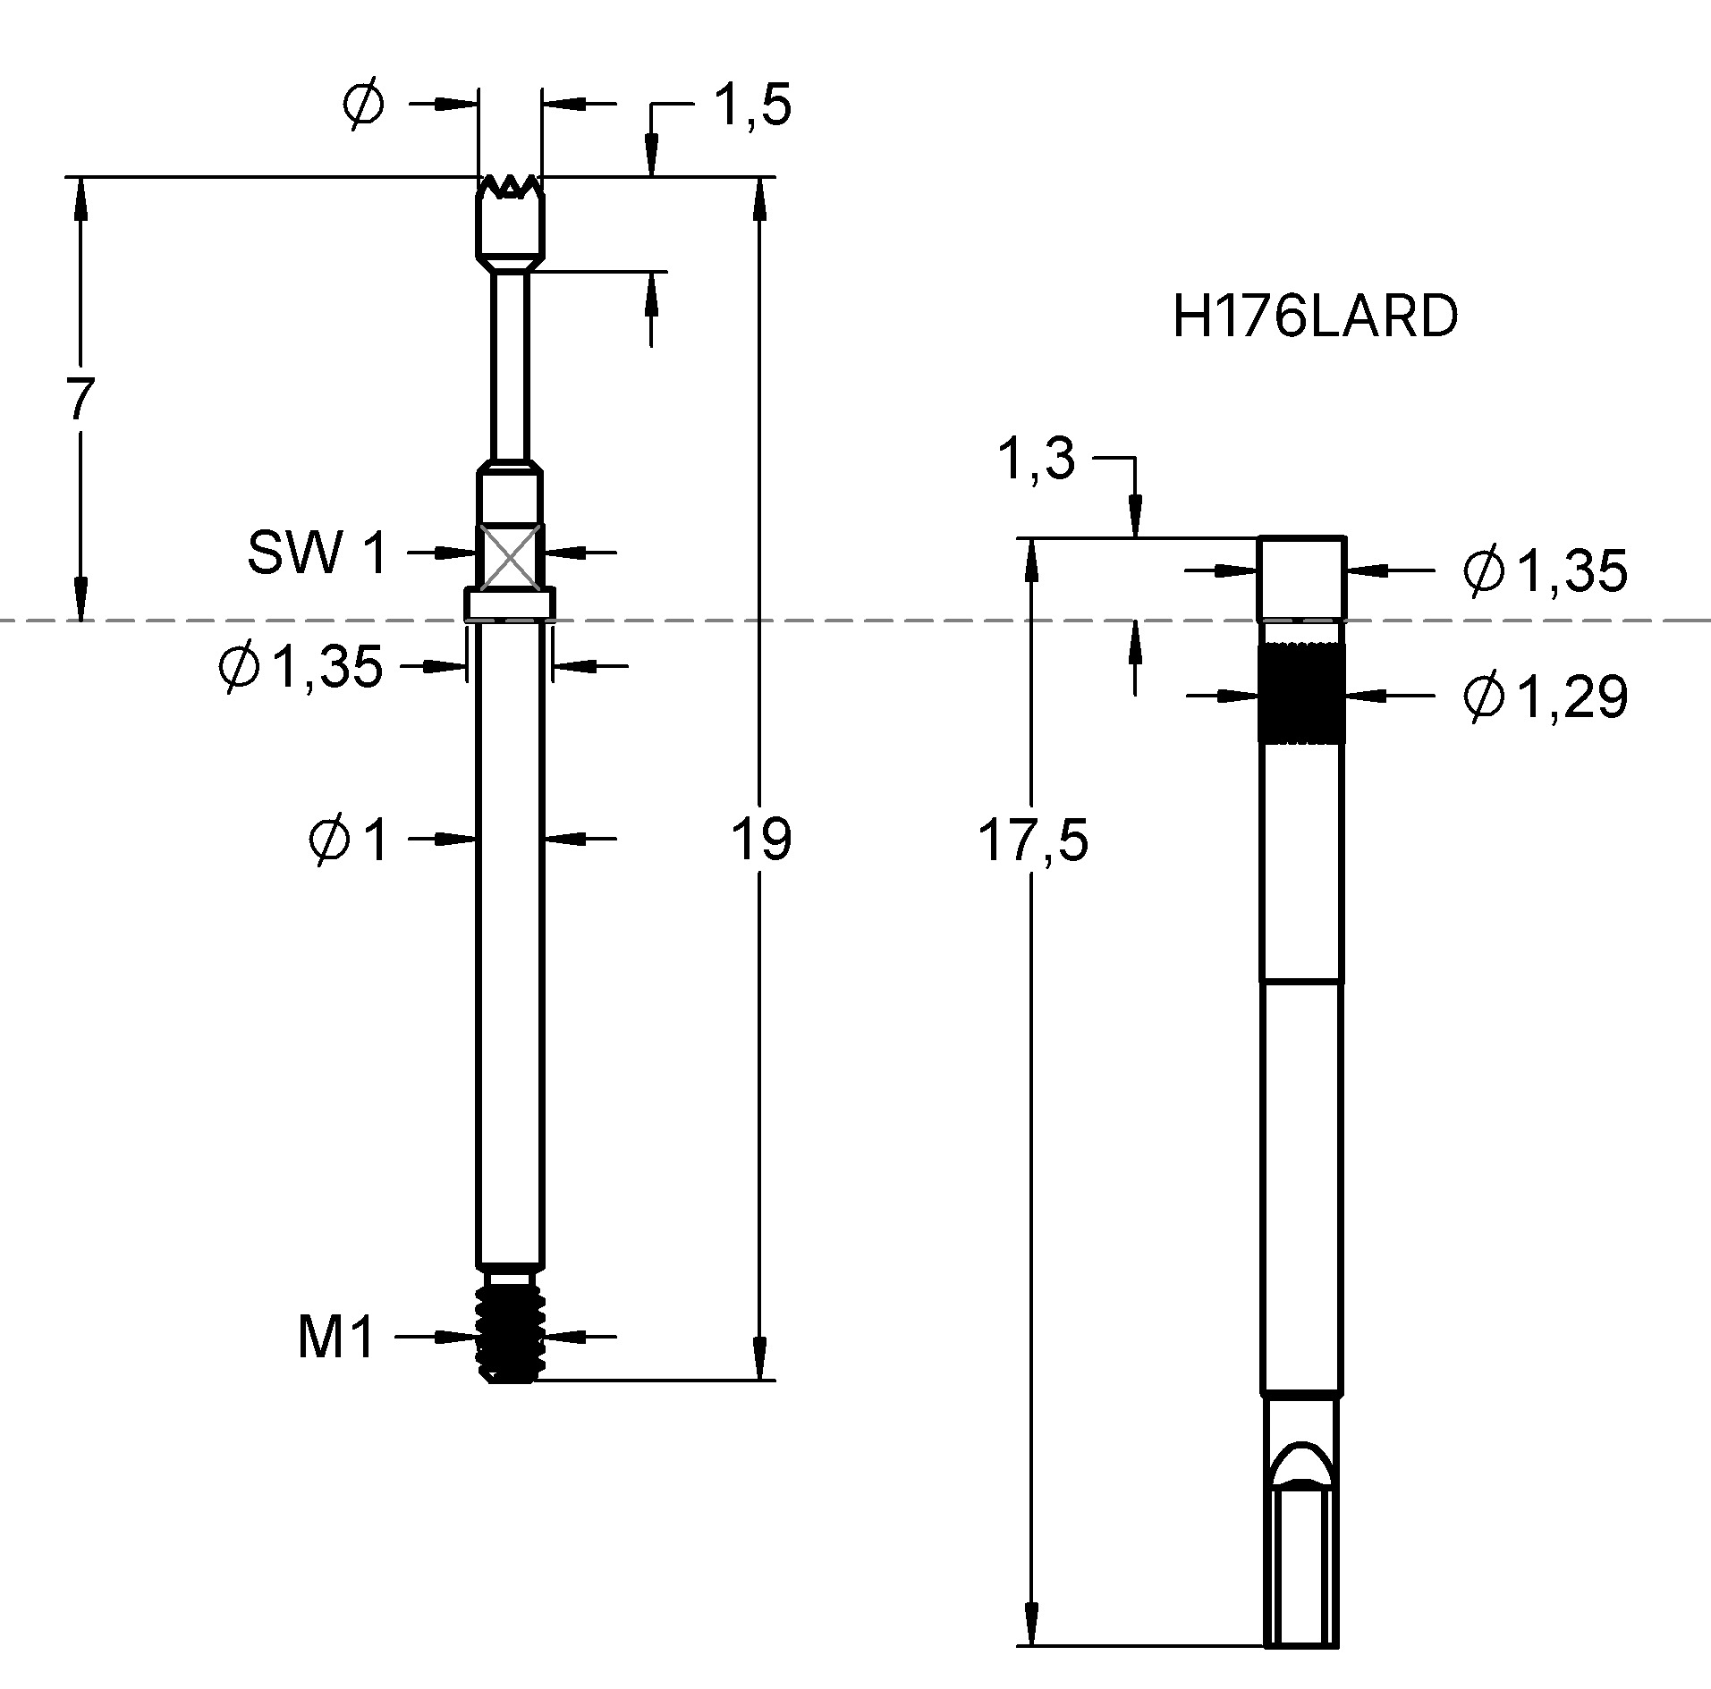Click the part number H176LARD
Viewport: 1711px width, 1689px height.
[1315, 317]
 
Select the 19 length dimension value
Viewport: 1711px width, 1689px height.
[761, 840]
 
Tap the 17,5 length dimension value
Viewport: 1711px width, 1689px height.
[1033, 841]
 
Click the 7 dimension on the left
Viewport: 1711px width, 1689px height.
[80, 400]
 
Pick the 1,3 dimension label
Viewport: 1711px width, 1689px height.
[1036, 460]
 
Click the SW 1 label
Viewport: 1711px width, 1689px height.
[317, 553]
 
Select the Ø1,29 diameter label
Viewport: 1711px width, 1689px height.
[1545, 697]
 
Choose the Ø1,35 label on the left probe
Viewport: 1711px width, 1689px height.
[301, 666]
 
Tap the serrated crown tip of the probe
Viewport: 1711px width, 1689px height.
[510, 188]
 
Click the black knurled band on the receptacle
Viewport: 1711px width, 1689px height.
[1301, 693]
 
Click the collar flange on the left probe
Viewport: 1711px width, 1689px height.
[509, 603]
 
